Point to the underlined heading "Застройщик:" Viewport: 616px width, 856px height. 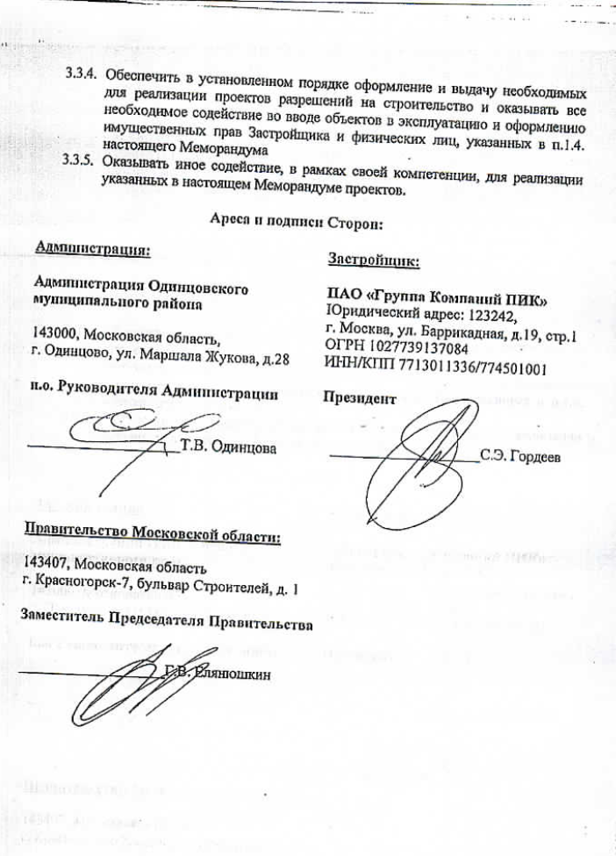click(x=372, y=260)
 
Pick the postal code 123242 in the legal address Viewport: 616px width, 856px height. click(x=496, y=317)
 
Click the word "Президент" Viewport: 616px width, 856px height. click(x=360, y=397)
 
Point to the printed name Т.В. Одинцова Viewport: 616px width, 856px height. click(x=227, y=447)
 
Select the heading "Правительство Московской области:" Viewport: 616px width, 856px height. click(x=153, y=535)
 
